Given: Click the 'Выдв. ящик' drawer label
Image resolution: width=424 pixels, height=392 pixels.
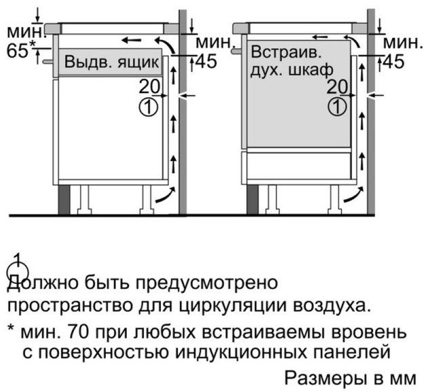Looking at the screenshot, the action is tap(111, 63).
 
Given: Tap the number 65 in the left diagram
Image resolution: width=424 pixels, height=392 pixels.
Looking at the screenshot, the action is tap(18, 51).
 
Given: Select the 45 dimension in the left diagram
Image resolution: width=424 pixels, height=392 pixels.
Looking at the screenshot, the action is tap(206, 61).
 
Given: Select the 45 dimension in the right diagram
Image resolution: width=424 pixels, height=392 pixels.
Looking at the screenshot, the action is tap(394, 61).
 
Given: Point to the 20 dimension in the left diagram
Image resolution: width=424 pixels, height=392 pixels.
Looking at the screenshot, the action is tap(149, 87).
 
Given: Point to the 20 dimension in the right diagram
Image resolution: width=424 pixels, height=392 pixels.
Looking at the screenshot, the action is tap(337, 87).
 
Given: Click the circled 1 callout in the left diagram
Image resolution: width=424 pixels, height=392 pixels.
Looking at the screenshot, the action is tap(148, 107).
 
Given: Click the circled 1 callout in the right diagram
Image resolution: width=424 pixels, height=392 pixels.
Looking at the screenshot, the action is tap(336, 107).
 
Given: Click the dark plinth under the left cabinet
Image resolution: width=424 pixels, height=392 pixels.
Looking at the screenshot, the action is tap(64, 200).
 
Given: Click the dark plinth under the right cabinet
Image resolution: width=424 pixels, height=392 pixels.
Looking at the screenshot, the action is tap(252, 200).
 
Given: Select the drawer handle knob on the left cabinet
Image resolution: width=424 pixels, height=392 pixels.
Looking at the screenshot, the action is tap(48, 62).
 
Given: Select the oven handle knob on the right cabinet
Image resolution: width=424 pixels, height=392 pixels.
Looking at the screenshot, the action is tap(237, 51).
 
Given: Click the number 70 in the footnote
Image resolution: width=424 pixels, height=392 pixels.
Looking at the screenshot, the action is tap(79, 332).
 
